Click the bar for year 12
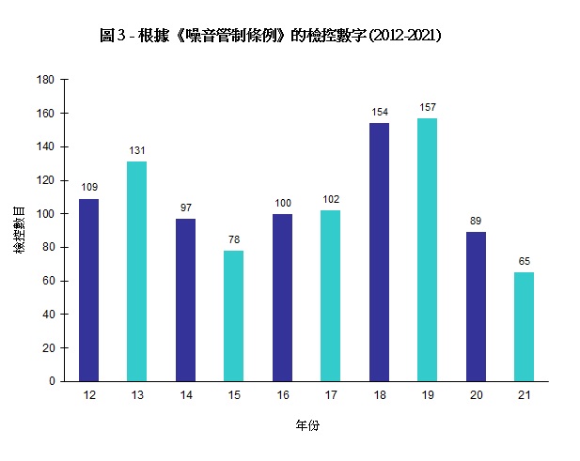click(x=88, y=290)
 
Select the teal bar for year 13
click(x=136, y=271)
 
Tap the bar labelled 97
click(x=185, y=300)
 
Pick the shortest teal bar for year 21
click(x=524, y=327)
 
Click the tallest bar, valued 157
click(x=427, y=250)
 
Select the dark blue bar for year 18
click(x=379, y=253)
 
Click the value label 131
click(x=136, y=150)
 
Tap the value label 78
click(x=233, y=239)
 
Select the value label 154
click(x=379, y=112)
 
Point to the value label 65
click(x=524, y=261)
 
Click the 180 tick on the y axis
click(x=46, y=80)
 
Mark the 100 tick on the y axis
click(x=46, y=214)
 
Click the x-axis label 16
click(x=282, y=396)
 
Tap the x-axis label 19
click(x=427, y=396)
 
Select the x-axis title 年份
click(x=307, y=425)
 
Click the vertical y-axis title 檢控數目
click(x=20, y=230)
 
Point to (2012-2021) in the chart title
click(x=405, y=36)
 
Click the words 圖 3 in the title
click(x=113, y=36)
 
